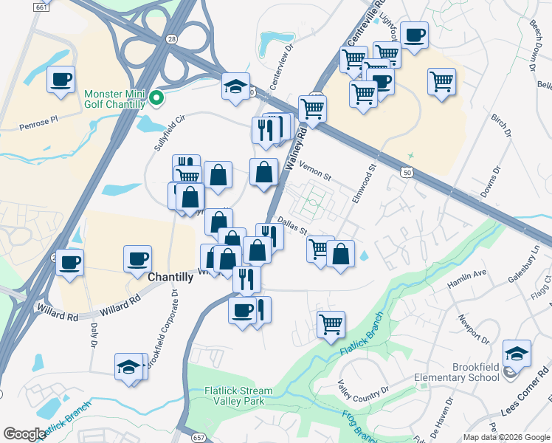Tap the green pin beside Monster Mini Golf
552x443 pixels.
(156, 97)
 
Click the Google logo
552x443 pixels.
(25, 434)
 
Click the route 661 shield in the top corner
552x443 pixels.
(43, 6)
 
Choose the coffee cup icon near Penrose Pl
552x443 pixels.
(61, 79)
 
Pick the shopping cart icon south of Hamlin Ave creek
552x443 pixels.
(331, 323)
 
